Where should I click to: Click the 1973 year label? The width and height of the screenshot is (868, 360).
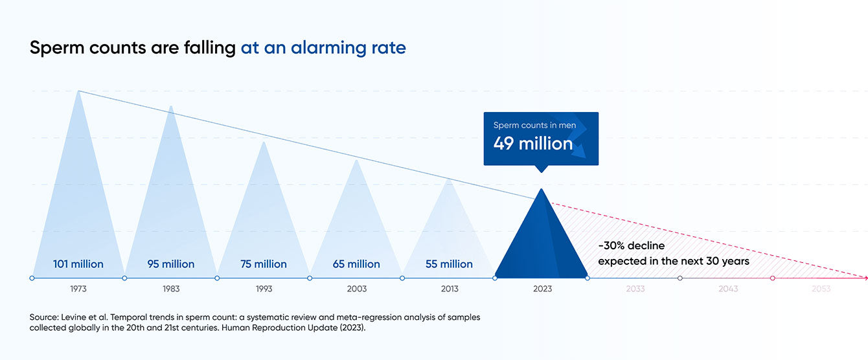tap(78, 289)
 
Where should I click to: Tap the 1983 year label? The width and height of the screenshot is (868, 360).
tap(171, 289)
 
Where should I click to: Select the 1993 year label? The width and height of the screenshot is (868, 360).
tap(264, 289)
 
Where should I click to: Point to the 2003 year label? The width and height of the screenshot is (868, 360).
tap(356, 289)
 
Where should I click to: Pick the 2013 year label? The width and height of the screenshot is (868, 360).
tap(449, 289)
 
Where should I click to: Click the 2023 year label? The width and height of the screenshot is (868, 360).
tap(542, 289)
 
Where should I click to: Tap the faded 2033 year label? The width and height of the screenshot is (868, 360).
tap(635, 289)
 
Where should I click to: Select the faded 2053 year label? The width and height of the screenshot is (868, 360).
tap(821, 289)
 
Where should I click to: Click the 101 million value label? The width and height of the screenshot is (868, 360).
tap(78, 264)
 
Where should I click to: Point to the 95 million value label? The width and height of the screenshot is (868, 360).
tap(171, 264)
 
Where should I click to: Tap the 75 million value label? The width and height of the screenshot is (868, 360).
tap(264, 264)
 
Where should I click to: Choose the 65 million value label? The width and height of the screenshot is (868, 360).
tap(356, 264)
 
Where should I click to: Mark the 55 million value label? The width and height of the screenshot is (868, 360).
tap(449, 264)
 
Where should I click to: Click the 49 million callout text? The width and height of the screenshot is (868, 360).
tap(532, 144)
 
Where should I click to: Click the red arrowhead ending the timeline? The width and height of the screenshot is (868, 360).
tap(864, 278)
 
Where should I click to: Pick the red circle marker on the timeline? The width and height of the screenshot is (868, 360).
tap(773, 278)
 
